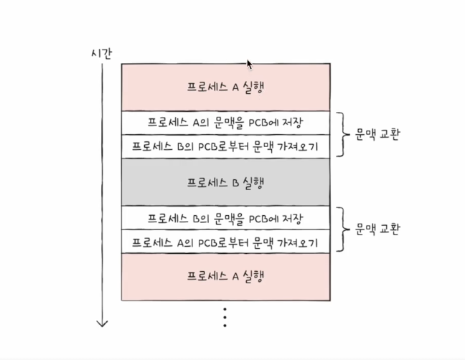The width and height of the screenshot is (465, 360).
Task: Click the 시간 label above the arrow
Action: [x=101, y=53]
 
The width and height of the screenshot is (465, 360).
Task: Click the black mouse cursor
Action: [x=250, y=65]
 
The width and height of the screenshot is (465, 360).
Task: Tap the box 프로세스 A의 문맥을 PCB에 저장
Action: [x=225, y=122]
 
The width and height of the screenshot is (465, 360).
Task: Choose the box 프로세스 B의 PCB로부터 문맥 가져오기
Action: [x=225, y=146]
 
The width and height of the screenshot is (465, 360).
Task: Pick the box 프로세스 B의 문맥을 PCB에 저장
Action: [x=225, y=217]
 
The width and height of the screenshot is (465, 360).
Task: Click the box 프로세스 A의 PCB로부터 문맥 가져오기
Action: [x=225, y=242]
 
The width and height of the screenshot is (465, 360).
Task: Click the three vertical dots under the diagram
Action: [x=225, y=316]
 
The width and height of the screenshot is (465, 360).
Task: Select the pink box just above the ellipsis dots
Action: [x=225, y=276]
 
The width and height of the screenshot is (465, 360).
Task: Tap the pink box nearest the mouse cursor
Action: [x=225, y=87]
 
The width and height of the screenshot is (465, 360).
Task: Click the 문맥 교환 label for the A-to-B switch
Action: [x=377, y=134]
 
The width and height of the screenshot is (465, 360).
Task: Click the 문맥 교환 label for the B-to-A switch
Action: [x=377, y=229]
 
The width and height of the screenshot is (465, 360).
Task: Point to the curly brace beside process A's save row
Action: [x=343, y=134]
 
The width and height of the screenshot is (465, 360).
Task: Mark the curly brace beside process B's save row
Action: [x=343, y=229]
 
